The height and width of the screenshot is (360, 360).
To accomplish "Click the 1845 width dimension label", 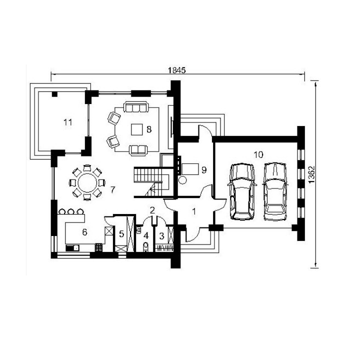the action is [x=176, y=70].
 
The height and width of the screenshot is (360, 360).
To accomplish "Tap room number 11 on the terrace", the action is [x=67, y=122].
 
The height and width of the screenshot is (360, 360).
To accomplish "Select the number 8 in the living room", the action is [x=149, y=129].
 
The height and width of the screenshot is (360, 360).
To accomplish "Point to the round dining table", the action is [x=87, y=183].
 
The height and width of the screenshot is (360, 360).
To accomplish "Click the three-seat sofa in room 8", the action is [x=135, y=107].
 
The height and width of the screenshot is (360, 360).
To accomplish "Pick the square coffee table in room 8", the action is [x=137, y=129].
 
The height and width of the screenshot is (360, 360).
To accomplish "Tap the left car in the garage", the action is [x=241, y=191].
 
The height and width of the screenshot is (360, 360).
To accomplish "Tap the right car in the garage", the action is [x=275, y=191].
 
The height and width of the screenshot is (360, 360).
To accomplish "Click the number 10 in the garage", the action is [x=258, y=154].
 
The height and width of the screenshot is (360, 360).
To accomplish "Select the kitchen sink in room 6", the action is [x=72, y=247].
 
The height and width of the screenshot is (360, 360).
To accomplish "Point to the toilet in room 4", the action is [x=146, y=246].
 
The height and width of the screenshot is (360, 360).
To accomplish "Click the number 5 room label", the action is [x=121, y=234].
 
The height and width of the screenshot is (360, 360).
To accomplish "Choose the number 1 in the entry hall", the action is [x=194, y=211].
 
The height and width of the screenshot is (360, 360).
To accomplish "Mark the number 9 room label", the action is [x=204, y=170].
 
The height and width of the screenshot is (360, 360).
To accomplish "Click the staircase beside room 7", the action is [x=151, y=182].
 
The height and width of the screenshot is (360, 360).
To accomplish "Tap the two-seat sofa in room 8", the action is [x=138, y=150].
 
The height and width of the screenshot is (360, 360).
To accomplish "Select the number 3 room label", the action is [x=161, y=236].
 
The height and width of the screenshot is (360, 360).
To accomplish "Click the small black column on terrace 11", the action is [x=54, y=94].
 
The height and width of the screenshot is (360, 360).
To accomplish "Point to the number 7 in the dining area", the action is [x=112, y=189].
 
